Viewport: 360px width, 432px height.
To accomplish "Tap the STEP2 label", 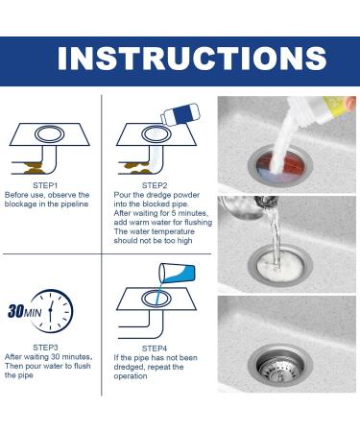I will tap(155, 184).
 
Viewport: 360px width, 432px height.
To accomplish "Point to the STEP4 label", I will tap(155, 347).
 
